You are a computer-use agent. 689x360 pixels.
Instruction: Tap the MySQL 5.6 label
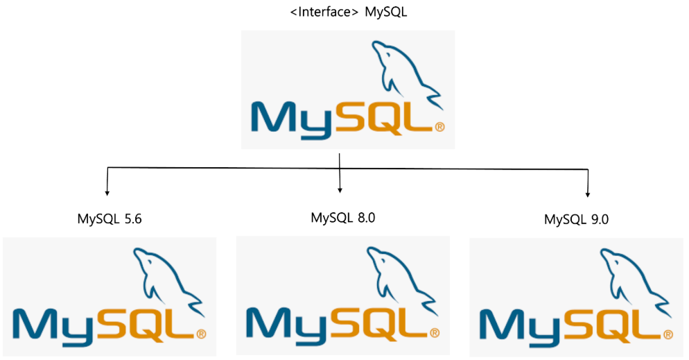[x=110, y=220]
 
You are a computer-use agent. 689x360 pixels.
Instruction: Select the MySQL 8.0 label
[x=343, y=218]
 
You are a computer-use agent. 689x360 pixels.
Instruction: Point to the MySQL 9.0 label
[x=577, y=220]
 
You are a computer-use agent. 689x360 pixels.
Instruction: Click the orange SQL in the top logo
[x=387, y=118]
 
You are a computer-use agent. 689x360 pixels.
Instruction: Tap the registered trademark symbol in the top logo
[x=439, y=127]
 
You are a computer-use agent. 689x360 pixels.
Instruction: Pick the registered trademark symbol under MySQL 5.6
[x=201, y=334]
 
